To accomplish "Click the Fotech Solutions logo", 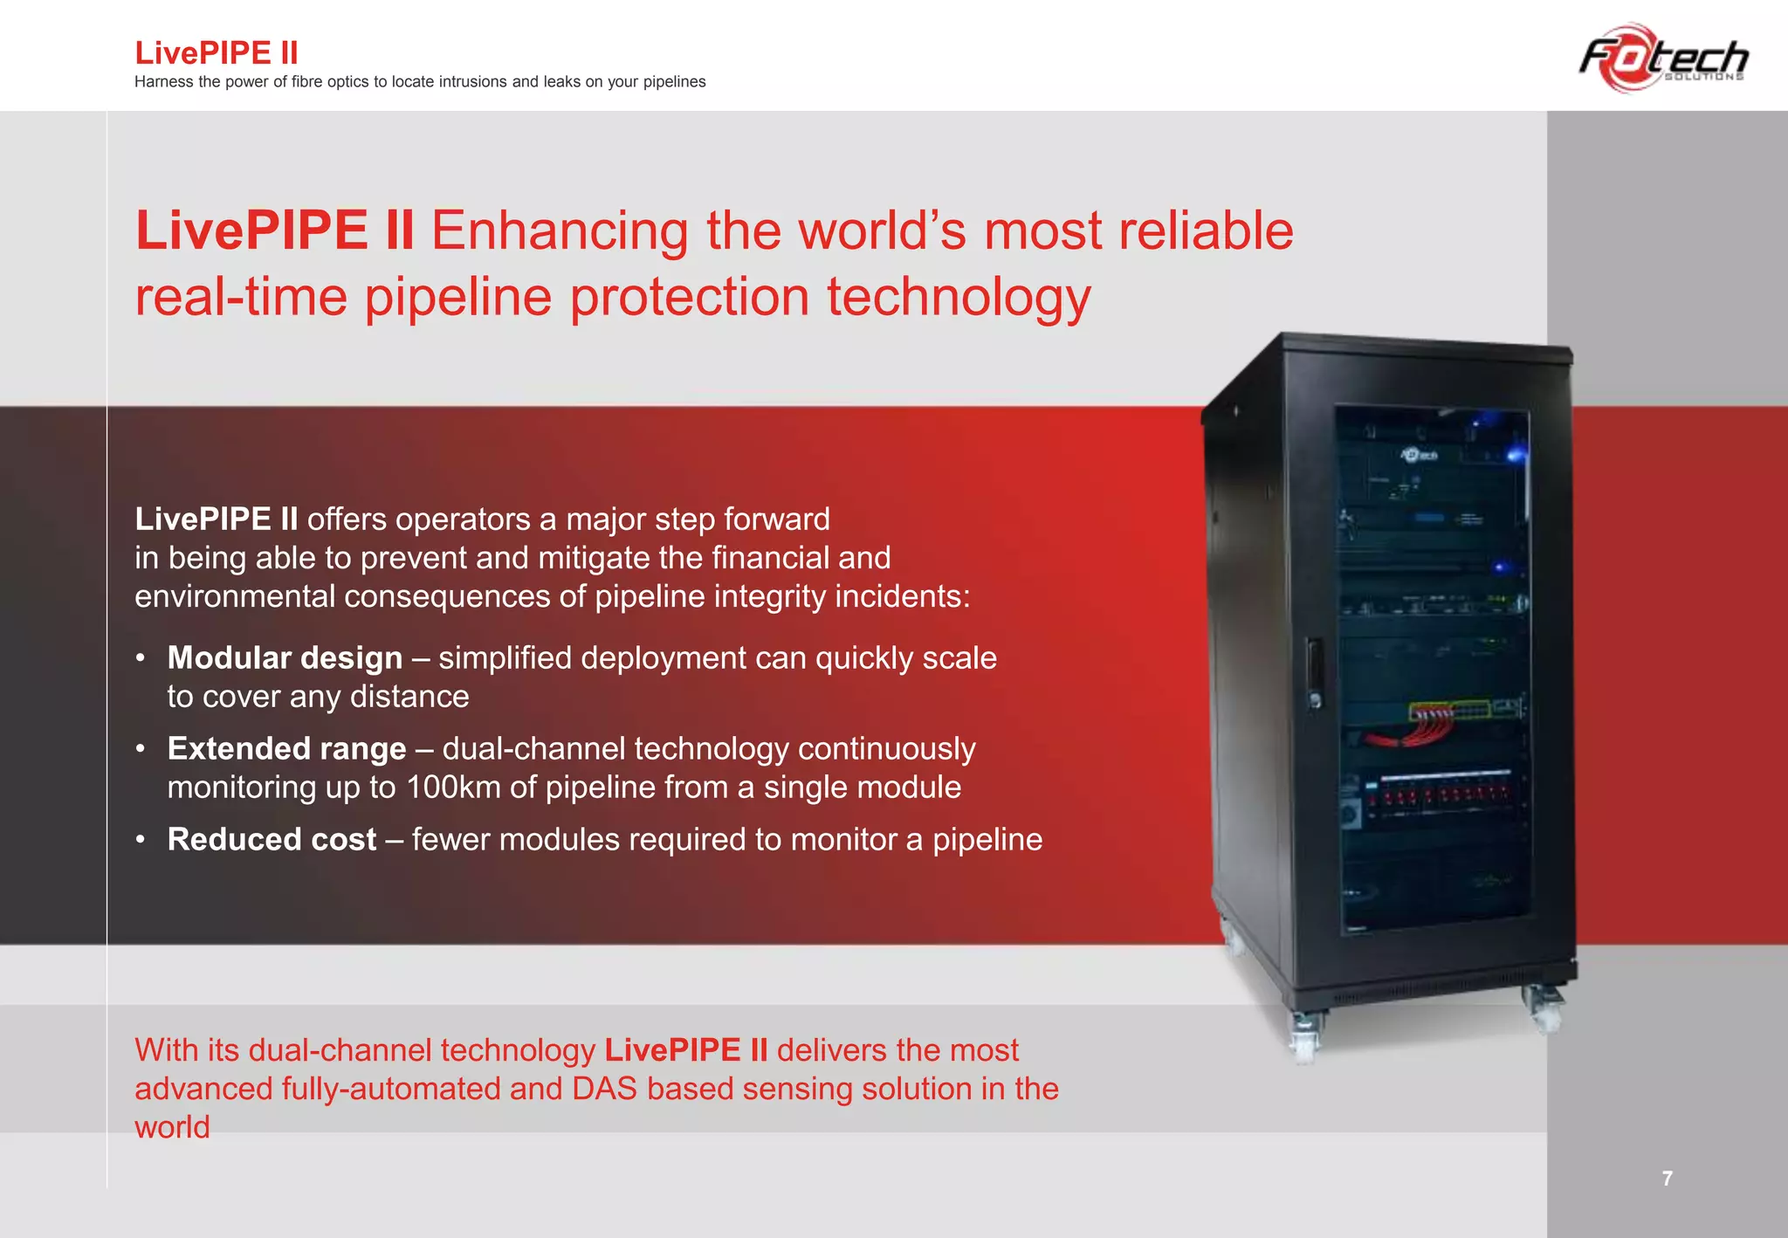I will (1663, 58).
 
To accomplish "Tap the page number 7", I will (1667, 1179).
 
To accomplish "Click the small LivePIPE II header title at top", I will (217, 53).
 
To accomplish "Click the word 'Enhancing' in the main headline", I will (560, 231).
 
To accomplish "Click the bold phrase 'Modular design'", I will (285, 658).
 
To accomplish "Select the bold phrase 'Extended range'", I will (286, 749).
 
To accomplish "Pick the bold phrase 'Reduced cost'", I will (272, 840).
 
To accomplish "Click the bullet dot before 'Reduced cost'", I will (140, 840).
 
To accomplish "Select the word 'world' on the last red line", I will (172, 1127).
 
